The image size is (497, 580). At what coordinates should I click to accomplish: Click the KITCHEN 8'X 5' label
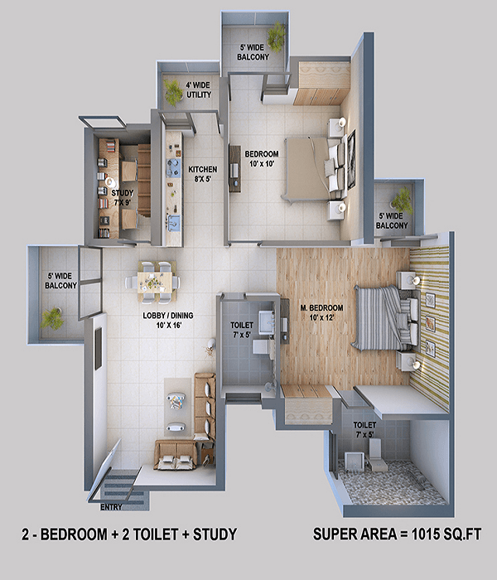[203, 174]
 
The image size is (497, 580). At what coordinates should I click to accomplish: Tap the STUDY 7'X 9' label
[123, 197]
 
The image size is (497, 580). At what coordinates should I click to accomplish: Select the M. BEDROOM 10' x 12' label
[321, 312]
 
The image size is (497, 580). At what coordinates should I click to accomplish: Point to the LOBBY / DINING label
[168, 316]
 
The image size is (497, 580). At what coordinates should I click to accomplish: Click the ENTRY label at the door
[111, 507]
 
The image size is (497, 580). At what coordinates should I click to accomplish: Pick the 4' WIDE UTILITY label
[199, 89]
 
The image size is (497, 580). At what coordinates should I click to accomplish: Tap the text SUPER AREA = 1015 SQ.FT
[397, 534]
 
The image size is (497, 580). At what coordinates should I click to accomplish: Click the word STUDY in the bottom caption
[215, 534]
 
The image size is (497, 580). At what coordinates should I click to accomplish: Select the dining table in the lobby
[156, 283]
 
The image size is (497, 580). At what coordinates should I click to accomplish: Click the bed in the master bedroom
[384, 317]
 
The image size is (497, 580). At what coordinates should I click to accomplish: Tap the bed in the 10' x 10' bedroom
[315, 169]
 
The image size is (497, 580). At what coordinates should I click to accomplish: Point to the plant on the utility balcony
[173, 93]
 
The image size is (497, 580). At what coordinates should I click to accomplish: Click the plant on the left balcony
[52, 318]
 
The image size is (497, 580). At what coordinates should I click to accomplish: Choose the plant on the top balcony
[277, 36]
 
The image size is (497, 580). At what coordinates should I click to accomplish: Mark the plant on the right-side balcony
[402, 201]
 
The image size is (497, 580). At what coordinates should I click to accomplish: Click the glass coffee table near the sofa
[176, 401]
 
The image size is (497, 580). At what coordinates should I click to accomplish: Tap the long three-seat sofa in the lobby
[205, 406]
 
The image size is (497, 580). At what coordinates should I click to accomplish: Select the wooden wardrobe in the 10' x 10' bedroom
[321, 83]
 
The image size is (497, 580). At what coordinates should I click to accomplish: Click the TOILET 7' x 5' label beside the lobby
[242, 330]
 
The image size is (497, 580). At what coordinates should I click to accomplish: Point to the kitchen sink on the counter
[173, 222]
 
